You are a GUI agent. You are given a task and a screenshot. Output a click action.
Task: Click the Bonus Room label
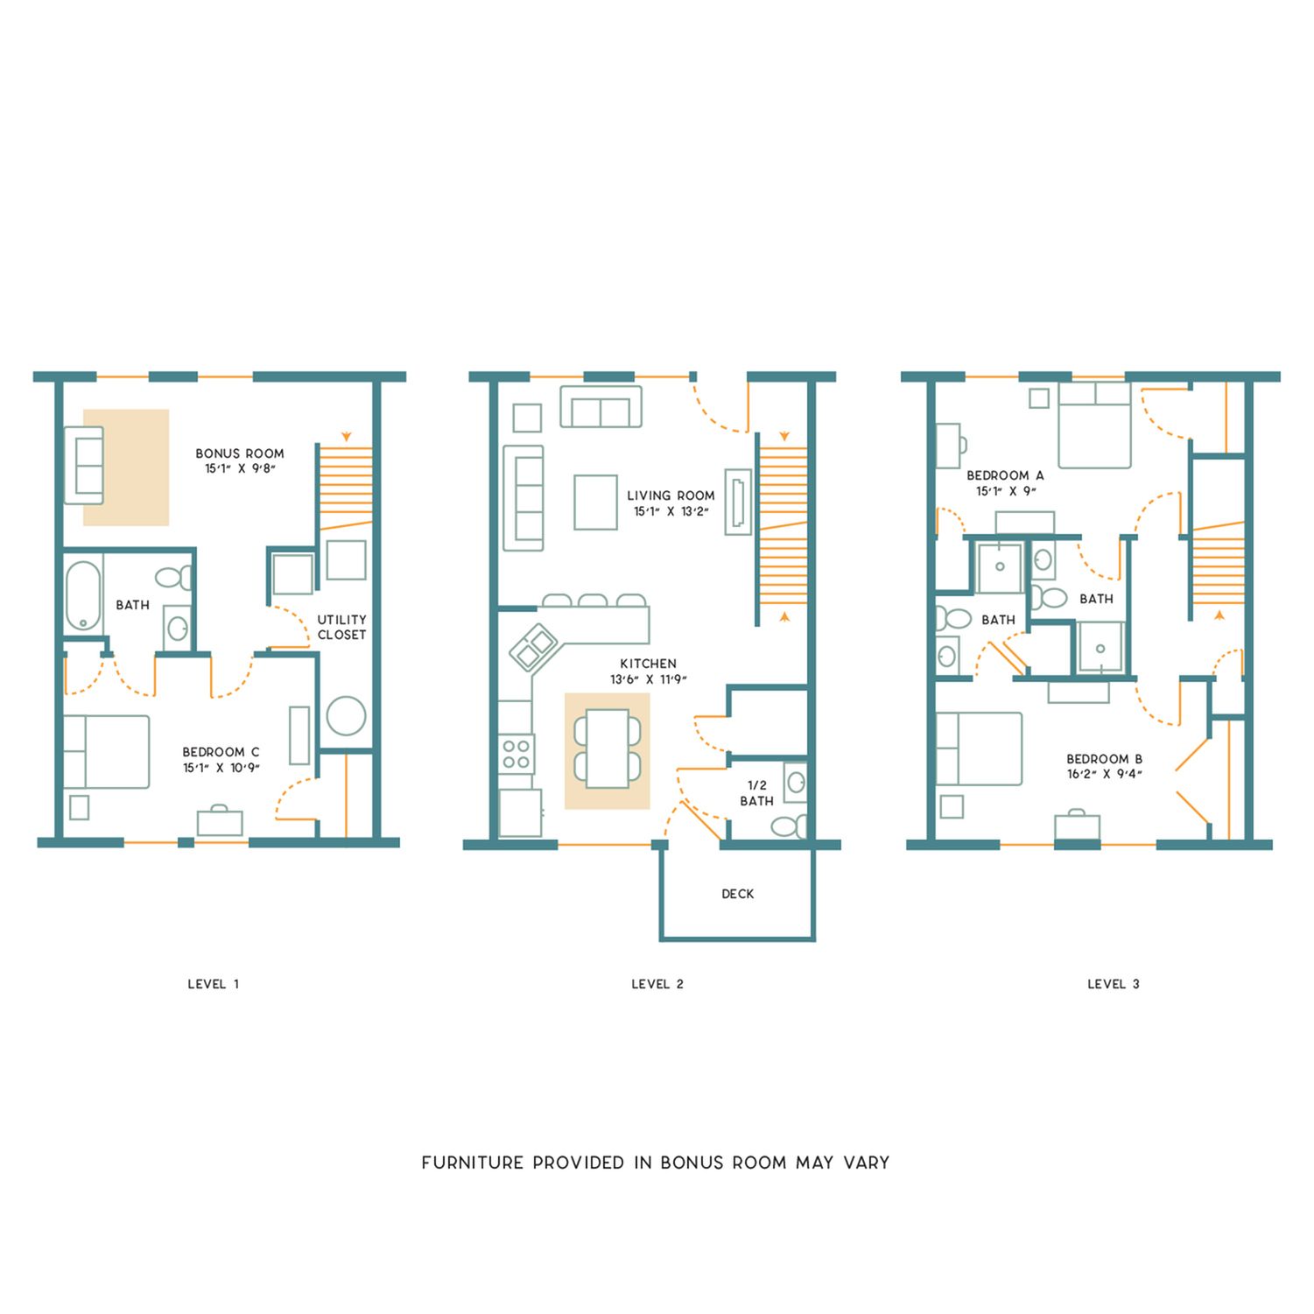coord(240,453)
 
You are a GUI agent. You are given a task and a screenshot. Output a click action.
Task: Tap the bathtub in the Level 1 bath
coord(84,595)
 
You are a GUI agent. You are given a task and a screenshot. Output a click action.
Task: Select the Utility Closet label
coord(341,627)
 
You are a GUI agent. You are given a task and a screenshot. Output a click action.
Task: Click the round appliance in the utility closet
coord(346,716)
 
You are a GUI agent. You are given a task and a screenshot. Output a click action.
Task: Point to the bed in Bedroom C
coord(106,752)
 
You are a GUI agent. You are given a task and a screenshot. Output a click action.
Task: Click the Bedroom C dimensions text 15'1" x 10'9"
coord(221,768)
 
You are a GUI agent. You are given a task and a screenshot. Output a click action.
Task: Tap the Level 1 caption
coord(214,984)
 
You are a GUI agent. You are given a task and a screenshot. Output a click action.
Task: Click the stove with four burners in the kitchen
coord(516,755)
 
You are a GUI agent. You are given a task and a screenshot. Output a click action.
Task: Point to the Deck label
coord(738,894)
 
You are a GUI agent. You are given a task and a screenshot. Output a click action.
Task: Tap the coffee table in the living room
coord(596,502)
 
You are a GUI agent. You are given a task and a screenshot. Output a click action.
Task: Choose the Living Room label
coord(671,495)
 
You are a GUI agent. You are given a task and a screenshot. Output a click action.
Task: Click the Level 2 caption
coord(657,984)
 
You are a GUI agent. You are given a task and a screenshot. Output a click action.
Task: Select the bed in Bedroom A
coord(1094,425)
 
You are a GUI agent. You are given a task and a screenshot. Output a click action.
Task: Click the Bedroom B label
coord(1105,759)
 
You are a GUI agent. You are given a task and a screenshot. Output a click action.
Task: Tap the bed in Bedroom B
coord(980,748)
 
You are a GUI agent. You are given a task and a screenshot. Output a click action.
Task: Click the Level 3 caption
coord(1114,984)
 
